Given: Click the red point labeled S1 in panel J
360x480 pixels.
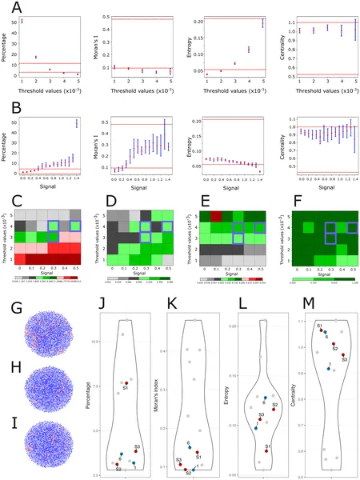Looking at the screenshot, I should (x=126, y=383).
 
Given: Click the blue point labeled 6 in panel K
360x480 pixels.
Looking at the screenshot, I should (x=188, y=448).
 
